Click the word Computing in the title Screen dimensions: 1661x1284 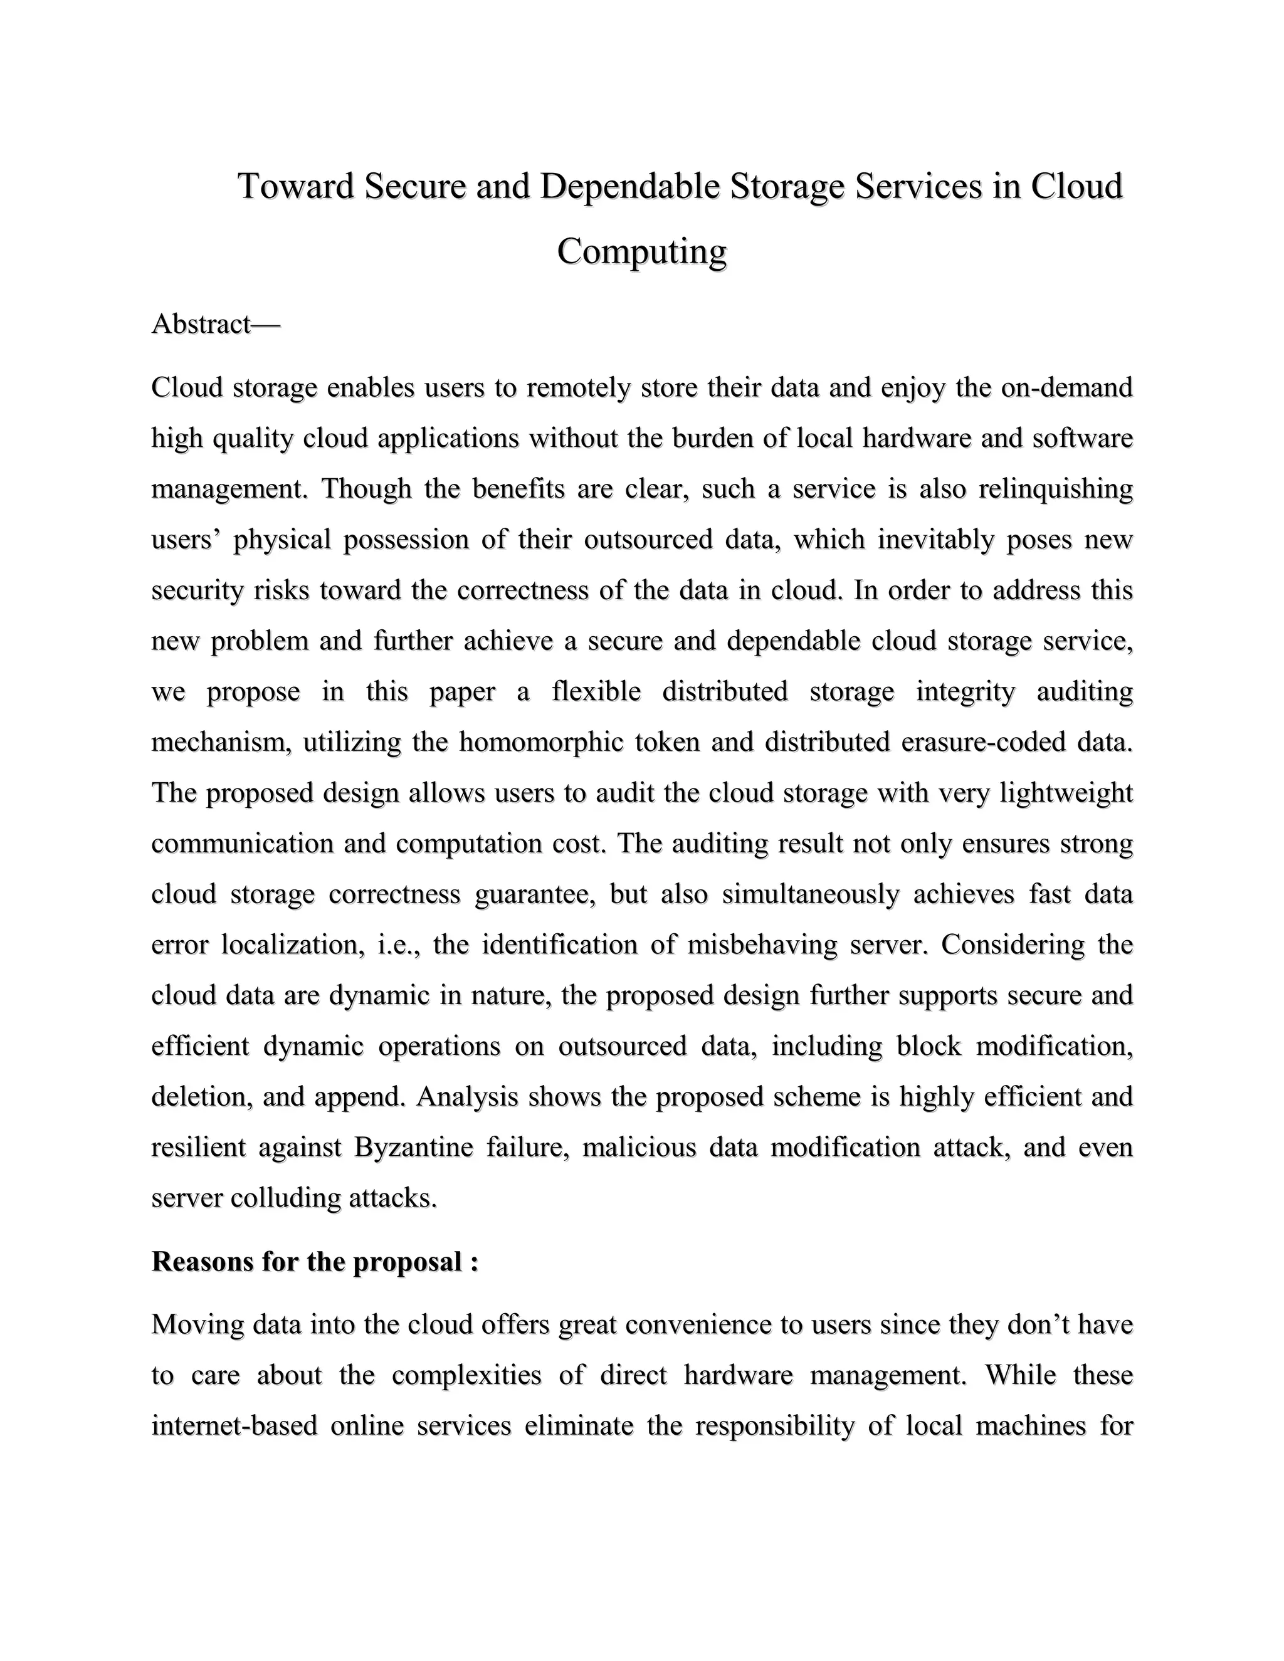point(641,252)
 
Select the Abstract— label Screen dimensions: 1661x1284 point(216,324)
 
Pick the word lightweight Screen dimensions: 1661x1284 point(1066,792)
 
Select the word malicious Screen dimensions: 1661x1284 point(639,1147)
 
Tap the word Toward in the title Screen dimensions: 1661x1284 point(296,186)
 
